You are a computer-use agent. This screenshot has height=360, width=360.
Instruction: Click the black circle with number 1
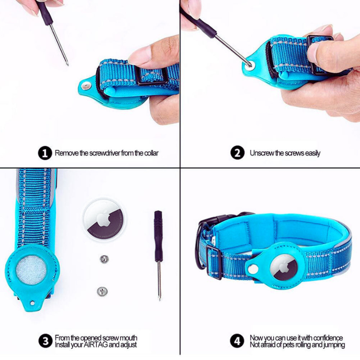pos(45,153)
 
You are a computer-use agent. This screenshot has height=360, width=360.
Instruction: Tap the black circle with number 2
pos(238,153)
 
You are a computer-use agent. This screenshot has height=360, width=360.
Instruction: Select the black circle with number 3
pos(45,341)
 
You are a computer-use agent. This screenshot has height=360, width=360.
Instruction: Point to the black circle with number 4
pos(238,341)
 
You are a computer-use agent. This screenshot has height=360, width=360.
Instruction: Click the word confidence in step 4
pos(328,338)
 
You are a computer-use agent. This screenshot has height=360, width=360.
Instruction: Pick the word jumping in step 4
pos(334,345)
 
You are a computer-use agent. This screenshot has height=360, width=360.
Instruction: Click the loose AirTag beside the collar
pos(104,220)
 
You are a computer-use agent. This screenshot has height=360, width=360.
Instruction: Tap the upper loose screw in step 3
pos(104,260)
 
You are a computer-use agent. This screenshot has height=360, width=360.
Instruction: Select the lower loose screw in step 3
pos(102,291)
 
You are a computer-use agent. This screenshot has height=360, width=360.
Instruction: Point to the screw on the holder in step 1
pos(86,86)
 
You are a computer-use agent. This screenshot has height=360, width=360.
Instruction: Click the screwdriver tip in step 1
pos(68,64)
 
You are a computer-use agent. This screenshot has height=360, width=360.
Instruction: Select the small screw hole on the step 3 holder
pos(32,303)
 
